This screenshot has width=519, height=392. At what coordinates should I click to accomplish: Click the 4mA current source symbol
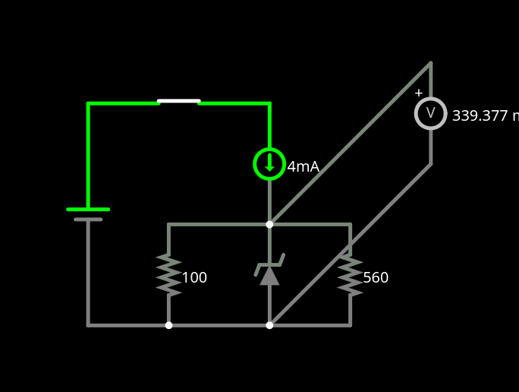tap(269, 164)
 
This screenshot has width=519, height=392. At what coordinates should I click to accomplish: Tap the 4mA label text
tap(303, 167)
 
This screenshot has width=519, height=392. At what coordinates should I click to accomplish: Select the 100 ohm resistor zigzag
tap(168, 274)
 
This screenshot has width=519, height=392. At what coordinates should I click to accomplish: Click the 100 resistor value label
tap(194, 278)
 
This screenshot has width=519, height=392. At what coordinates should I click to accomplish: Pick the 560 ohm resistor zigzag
tap(350, 274)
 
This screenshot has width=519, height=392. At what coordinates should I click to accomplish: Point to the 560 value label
tap(376, 278)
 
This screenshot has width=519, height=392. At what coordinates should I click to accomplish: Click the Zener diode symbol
tap(269, 271)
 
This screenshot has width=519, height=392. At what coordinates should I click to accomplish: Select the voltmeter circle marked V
tap(430, 113)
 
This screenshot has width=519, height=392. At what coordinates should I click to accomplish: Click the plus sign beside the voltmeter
tap(418, 93)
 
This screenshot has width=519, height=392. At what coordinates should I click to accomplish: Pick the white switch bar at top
tap(179, 101)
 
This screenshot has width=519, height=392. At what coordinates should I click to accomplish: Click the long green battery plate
tap(88, 209)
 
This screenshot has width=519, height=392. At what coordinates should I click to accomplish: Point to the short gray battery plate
tap(88, 220)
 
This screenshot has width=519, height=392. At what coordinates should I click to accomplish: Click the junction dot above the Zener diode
tap(269, 224)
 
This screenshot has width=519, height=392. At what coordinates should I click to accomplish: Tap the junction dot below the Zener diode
tap(269, 325)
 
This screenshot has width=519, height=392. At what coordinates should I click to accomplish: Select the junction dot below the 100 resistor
tap(168, 325)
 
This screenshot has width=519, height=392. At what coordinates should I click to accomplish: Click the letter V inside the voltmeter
tap(430, 113)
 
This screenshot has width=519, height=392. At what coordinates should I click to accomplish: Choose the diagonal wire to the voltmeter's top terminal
tap(349, 144)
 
